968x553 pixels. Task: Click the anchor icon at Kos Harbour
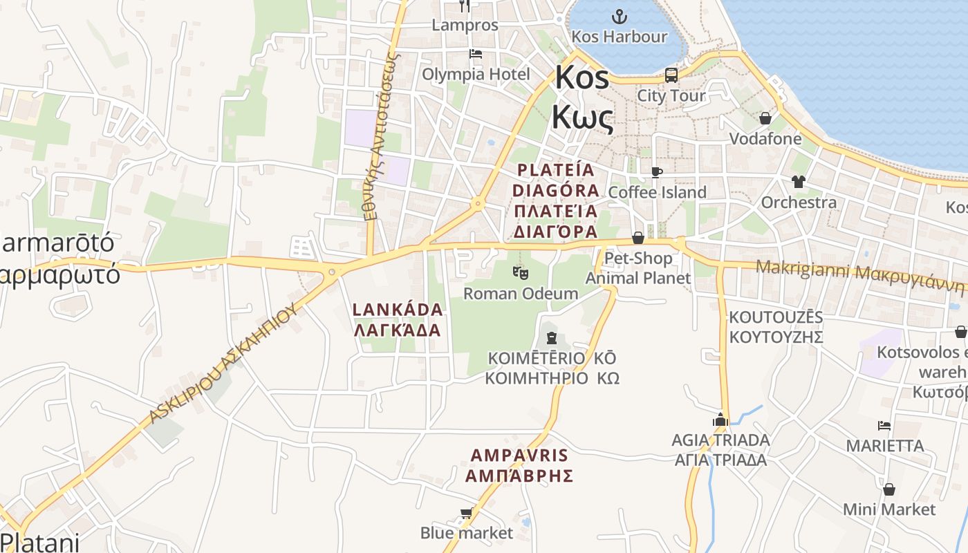point(620,16)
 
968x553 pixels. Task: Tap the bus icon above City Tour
point(671,75)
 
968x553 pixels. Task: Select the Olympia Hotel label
point(476,74)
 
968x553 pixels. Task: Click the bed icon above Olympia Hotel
point(475,53)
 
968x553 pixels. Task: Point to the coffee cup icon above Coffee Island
point(656,171)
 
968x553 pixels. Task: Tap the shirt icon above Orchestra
point(799,182)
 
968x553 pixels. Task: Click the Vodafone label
point(765,139)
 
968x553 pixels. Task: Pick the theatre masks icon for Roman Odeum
point(521,273)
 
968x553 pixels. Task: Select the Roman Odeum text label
point(521,293)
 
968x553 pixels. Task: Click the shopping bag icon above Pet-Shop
point(637,238)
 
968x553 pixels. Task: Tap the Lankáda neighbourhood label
point(397,319)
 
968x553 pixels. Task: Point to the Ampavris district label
point(519,465)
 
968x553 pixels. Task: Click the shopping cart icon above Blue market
point(466,513)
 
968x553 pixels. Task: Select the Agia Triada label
point(720,449)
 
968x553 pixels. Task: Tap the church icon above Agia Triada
point(720,419)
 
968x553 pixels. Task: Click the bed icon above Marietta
point(884,425)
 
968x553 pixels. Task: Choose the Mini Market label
point(889,509)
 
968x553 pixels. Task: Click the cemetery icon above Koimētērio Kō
point(552,338)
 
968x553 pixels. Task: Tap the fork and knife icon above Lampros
point(465,6)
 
